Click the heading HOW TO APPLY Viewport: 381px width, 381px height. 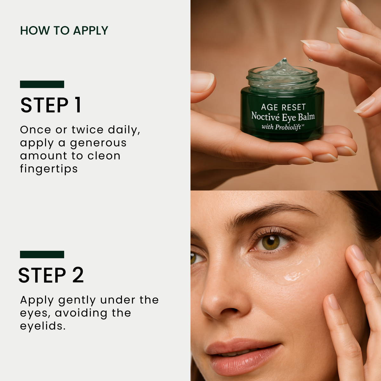point(64,31)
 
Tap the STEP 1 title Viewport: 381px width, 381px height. point(51,105)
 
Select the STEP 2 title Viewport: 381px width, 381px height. point(51,275)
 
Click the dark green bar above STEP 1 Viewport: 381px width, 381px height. point(42,84)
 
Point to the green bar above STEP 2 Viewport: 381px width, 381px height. point(42,254)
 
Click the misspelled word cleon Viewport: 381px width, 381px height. point(104,156)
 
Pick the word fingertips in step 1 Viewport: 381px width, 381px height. point(49,169)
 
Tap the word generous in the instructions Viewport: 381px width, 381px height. point(98,143)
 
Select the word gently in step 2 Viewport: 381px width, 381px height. point(77,300)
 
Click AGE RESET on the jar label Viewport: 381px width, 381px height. point(283,107)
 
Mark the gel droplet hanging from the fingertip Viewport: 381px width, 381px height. point(310,59)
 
